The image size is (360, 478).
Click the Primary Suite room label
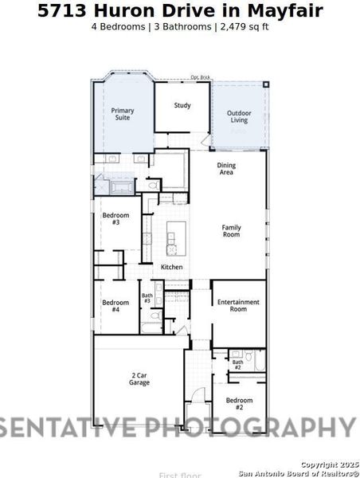tap(121, 114)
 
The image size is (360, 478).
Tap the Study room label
tap(182, 105)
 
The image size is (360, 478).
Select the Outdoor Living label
tap(239, 117)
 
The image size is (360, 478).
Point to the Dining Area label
tap(226, 169)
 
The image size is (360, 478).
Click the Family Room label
tap(231, 231)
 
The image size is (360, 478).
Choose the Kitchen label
tap(172, 267)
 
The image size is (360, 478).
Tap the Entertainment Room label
tap(239, 305)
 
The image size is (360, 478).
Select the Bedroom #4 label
tap(115, 305)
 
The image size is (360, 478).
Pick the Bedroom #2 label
tap(239, 403)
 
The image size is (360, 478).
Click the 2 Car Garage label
tap(139, 379)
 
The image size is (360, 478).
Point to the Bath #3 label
tap(147, 299)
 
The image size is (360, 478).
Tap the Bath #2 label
tap(237, 365)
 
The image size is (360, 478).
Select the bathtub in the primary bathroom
tap(122, 186)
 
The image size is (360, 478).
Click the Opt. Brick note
tap(199, 77)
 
